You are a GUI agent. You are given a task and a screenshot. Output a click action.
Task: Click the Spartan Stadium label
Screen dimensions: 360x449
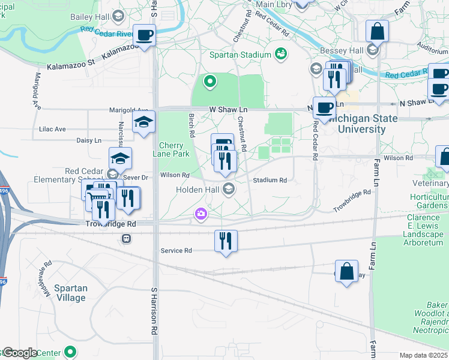[x=241, y=55]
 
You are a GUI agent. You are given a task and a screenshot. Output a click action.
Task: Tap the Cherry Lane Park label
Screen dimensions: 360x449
[x=174, y=151]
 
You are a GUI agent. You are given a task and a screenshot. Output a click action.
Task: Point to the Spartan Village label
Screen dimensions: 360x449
[x=71, y=293]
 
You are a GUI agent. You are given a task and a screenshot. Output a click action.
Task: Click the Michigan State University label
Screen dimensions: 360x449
[x=360, y=124]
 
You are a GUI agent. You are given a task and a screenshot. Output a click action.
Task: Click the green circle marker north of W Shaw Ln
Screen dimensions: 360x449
[x=209, y=82]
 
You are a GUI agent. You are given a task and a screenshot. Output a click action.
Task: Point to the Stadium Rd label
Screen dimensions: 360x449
[x=270, y=180]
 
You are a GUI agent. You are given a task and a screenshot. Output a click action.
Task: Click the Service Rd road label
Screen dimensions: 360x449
[x=176, y=250]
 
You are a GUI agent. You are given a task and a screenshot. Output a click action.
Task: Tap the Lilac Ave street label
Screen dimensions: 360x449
[x=53, y=129]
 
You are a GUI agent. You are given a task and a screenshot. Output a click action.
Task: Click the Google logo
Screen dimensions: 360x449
[x=19, y=353]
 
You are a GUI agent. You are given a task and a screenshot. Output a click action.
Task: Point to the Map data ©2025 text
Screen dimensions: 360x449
[x=423, y=355]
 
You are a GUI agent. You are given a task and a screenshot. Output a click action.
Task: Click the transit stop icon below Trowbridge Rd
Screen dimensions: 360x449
[x=126, y=238]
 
